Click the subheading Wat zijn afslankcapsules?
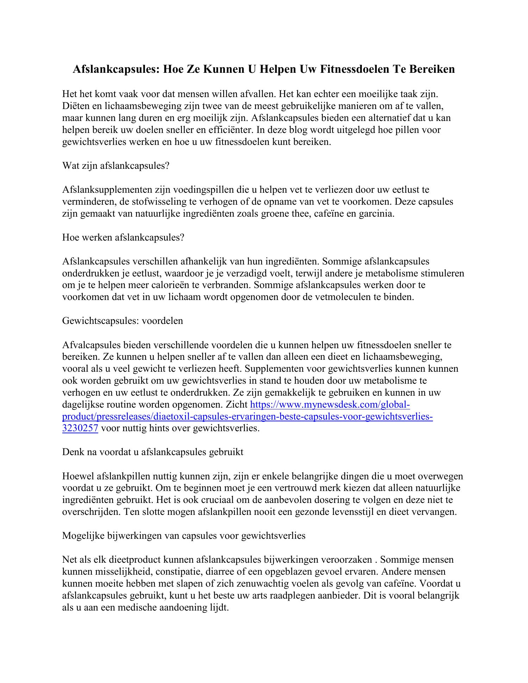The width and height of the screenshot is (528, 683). [x=116, y=166]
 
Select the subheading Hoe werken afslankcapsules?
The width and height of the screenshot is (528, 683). [x=123, y=237]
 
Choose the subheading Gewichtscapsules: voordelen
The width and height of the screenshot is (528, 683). [x=122, y=321]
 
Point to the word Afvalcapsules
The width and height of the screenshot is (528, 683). [x=92, y=345]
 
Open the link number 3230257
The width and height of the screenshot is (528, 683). [x=80, y=429]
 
